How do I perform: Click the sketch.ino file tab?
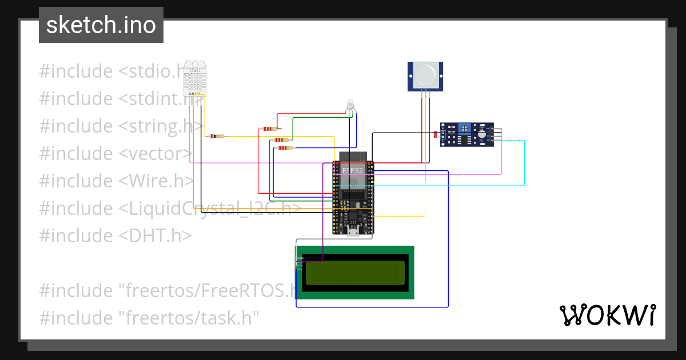click(101, 25)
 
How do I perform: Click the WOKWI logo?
click(607, 315)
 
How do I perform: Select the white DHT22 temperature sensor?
click(195, 78)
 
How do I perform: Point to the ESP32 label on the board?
click(352, 170)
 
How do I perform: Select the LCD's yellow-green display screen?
click(355, 273)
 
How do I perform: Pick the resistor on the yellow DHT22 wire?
click(217, 136)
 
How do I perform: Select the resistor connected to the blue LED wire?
click(284, 148)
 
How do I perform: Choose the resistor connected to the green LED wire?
click(281, 139)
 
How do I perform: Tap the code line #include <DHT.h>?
click(115, 235)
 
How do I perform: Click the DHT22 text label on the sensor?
click(194, 93)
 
